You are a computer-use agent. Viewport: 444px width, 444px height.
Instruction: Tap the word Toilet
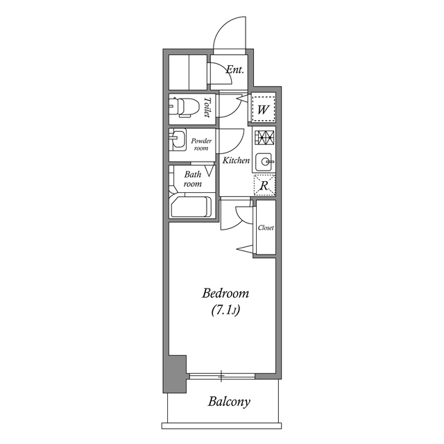click(207, 108)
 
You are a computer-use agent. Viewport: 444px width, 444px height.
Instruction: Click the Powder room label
click(201, 144)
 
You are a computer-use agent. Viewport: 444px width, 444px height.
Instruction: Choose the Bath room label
click(193, 179)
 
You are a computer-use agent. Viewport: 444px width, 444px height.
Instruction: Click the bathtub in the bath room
click(190, 207)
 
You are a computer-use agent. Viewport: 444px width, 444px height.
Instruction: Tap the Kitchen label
click(236, 160)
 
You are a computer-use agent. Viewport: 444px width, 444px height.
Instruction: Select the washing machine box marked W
click(264, 108)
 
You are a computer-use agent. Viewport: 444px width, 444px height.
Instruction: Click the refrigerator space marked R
click(264, 185)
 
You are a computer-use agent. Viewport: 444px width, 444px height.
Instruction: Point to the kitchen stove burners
click(264, 137)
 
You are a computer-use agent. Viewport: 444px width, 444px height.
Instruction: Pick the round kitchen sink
click(264, 161)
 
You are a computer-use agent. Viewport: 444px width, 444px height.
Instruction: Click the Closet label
click(266, 228)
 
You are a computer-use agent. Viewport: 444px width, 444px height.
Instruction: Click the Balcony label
click(228, 402)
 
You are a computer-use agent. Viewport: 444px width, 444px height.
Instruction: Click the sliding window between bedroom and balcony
click(222, 376)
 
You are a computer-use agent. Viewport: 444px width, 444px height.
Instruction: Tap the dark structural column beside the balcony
click(174, 375)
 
